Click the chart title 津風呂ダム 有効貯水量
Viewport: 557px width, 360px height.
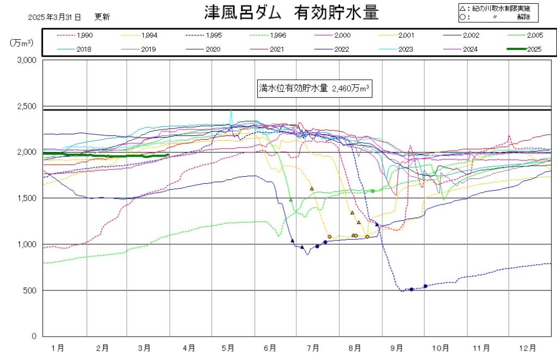click(x=291, y=14)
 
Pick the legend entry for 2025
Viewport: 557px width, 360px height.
click(x=528, y=49)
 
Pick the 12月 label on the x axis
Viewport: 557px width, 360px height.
click(x=525, y=347)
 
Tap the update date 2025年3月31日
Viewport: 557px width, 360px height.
click(x=54, y=17)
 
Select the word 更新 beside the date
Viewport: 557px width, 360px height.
click(x=102, y=17)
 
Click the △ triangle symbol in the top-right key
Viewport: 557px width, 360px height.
click(x=462, y=8)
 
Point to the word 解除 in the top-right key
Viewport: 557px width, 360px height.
click(x=524, y=17)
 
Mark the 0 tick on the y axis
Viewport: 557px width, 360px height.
click(x=34, y=337)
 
